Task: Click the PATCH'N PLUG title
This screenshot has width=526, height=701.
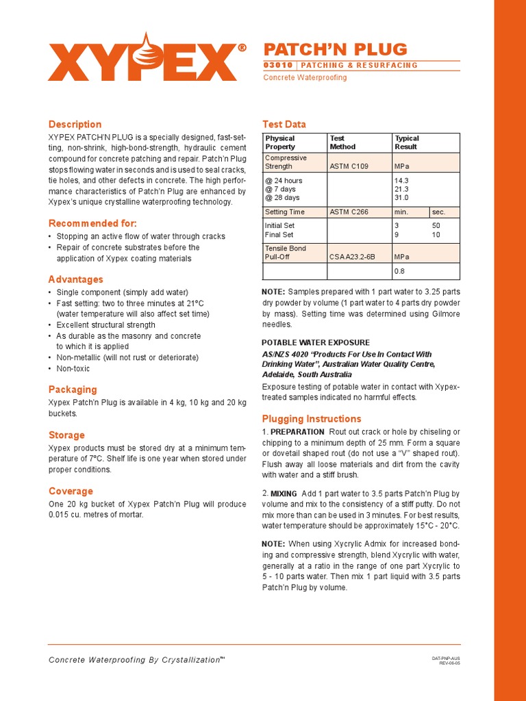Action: click(336, 49)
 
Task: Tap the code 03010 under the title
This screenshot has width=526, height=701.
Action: click(278, 66)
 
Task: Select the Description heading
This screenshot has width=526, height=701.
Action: click(75, 125)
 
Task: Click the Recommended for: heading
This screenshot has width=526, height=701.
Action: click(92, 224)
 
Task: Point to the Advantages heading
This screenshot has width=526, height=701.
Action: click(75, 279)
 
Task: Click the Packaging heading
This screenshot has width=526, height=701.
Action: click(73, 390)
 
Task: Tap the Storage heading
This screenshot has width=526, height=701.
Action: click(66, 435)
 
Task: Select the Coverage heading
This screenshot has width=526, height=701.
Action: click(71, 492)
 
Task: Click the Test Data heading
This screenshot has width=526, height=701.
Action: click(284, 125)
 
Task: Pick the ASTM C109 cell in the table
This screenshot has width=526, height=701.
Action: click(349, 166)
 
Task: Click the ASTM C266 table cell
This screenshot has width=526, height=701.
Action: click(349, 212)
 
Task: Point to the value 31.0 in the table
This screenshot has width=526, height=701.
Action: click(401, 198)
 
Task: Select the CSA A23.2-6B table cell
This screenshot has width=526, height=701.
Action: click(352, 257)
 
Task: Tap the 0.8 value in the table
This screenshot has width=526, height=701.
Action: click(399, 271)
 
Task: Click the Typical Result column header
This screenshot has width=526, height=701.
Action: click(407, 142)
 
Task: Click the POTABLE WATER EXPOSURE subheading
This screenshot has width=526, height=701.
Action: click(316, 343)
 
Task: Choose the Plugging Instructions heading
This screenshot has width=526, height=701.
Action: click(311, 419)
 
